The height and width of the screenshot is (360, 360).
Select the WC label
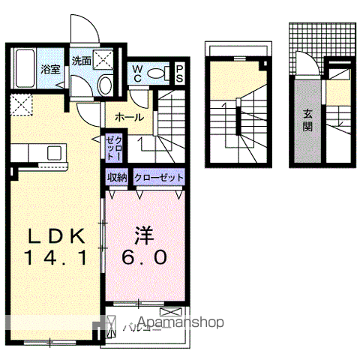(138, 72)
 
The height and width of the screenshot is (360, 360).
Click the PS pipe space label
(180, 72)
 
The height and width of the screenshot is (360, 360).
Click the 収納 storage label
(117, 178)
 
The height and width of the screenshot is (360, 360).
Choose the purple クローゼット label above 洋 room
(158, 178)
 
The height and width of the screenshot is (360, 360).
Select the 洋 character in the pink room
(144, 235)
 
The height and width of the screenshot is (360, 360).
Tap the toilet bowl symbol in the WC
(157, 73)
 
